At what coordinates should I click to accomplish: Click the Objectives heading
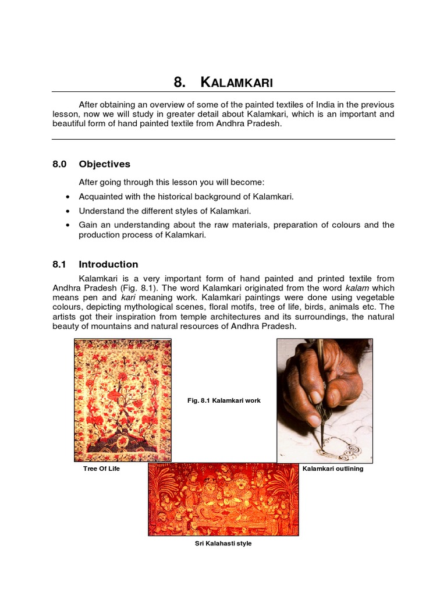[x=105, y=164]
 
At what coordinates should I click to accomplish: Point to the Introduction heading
[x=108, y=264]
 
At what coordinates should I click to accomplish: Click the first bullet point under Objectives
[x=69, y=197]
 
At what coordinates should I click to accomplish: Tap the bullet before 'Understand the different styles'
[x=69, y=211]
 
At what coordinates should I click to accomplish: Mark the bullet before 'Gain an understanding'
[x=69, y=225]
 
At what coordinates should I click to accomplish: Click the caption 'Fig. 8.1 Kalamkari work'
[x=223, y=400]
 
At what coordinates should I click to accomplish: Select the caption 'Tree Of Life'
[x=101, y=469]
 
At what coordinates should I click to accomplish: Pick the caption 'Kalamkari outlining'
[x=333, y=469]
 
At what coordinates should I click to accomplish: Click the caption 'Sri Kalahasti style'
[x=223, y=544]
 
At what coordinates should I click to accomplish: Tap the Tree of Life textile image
[x=122, y=400]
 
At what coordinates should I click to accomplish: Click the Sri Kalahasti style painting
[x=223, y=499]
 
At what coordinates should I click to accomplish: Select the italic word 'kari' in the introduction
[x=129, y=297]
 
